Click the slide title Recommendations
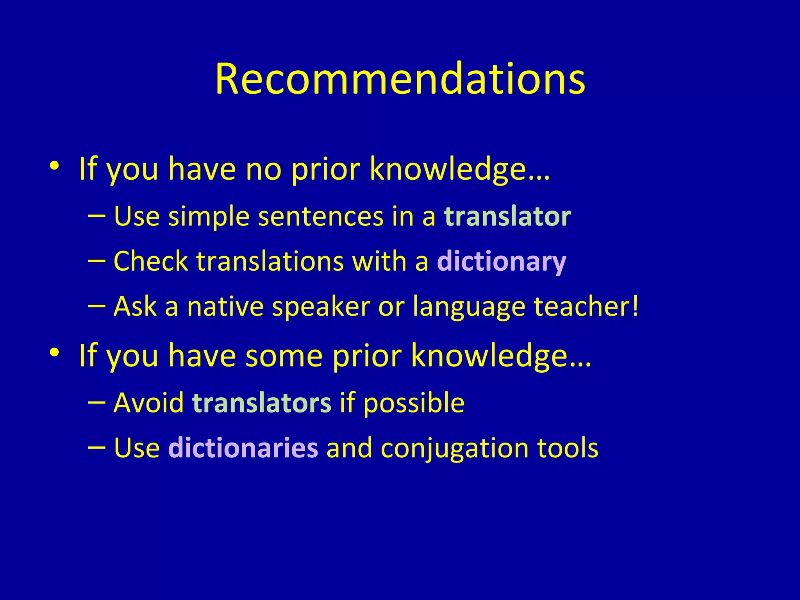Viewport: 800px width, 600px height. pyautogui.click(x=400, y=79)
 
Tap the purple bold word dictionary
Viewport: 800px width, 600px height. pyautogui.click(x=502, y=261)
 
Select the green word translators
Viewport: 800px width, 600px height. pyautogui.click(x=262, y=403)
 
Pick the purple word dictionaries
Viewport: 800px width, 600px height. pyautogui.click(x=243, y=448)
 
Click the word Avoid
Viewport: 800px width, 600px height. pyautogui.click(x=148, y=403)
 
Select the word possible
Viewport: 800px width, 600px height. pyautogui.click(x=414, y=404)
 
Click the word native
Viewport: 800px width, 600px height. pyautogui.click(x=225, y=306)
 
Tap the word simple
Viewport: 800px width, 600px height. pyautogui.click(x=209, y=217)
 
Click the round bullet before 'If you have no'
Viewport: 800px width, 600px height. pyautogui.click(x=54, y=166)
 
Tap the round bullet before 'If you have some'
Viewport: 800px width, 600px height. pyautogui.click(x=54, y=353)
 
